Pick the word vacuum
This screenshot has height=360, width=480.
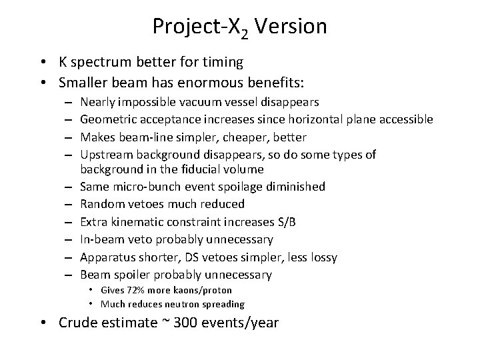[x=203, y=102]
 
